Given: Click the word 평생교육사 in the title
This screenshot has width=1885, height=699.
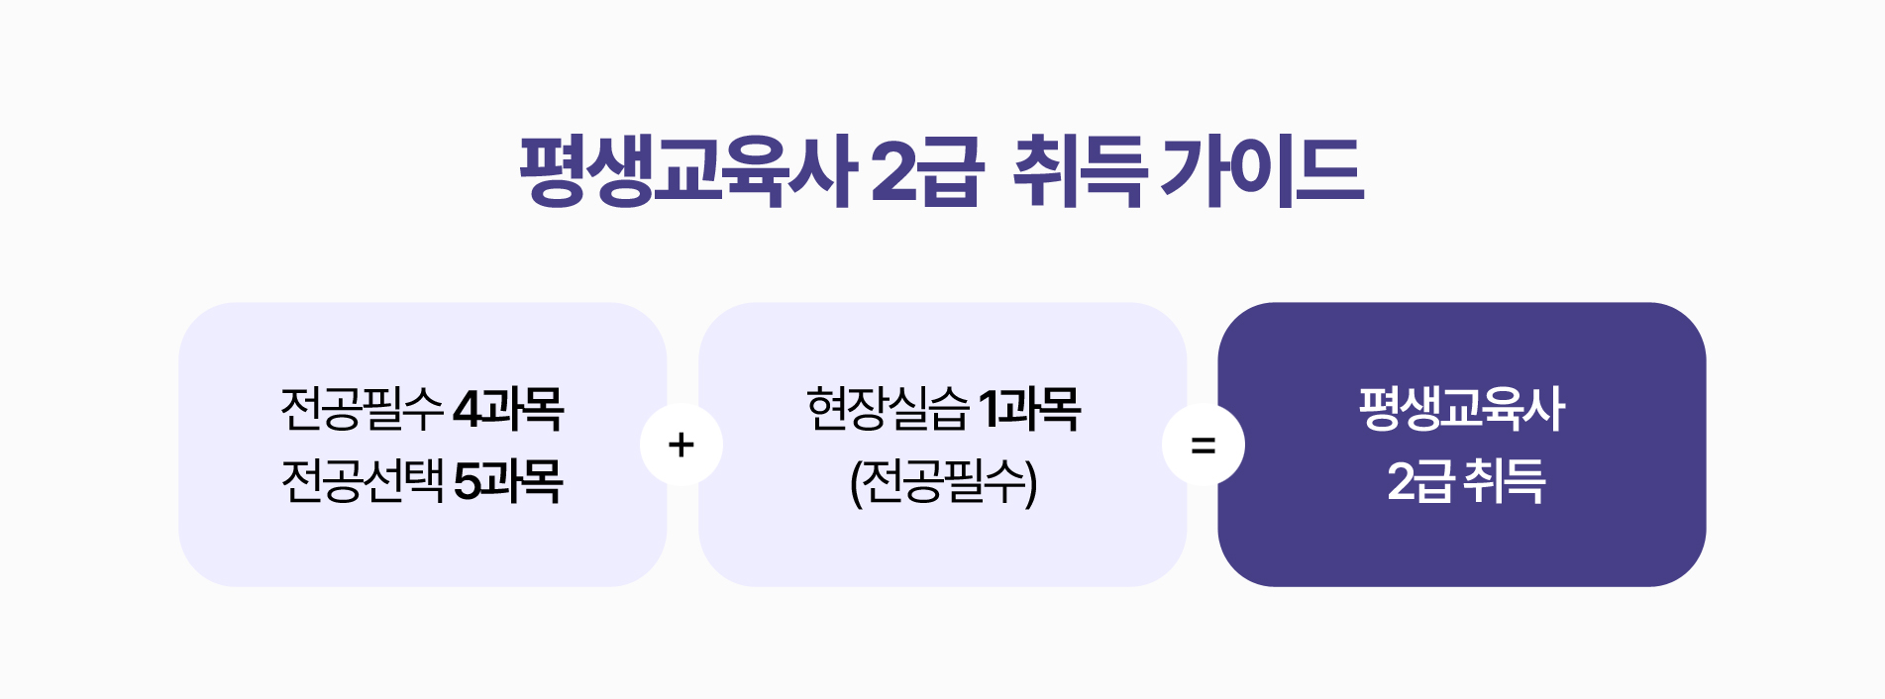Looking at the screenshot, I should tap(687, 171).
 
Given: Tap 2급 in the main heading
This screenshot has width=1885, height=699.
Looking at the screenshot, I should tap(927, 171).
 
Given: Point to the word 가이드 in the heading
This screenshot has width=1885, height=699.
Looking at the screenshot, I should tap(1263, 171).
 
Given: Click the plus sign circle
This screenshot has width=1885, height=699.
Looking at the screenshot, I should tap(681, 445).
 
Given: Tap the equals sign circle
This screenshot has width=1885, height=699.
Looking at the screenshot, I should tap(1203, 445).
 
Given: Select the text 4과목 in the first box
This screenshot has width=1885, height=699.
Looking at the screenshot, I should tap(508, 409).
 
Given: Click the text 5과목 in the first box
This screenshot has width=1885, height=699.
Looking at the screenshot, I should tap(508, 482).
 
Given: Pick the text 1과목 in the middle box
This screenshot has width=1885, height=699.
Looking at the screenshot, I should tap(1029, 409).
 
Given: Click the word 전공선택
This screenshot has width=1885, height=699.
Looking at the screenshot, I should tap(363, 482).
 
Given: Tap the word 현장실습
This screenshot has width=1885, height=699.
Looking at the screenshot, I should tap(888, 409).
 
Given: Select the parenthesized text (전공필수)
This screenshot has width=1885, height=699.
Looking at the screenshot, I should tap(943, 482).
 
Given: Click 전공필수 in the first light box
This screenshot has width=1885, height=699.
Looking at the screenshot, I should tap(363, 409).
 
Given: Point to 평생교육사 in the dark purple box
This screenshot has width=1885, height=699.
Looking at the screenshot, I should tap(1461, 409).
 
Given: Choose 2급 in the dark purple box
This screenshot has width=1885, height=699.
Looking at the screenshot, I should tap(1419, 482).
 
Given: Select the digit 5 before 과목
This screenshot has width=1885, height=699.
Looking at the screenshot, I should tap(467, 482).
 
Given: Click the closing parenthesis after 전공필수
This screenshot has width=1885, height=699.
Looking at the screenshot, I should tap(1031, 483).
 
